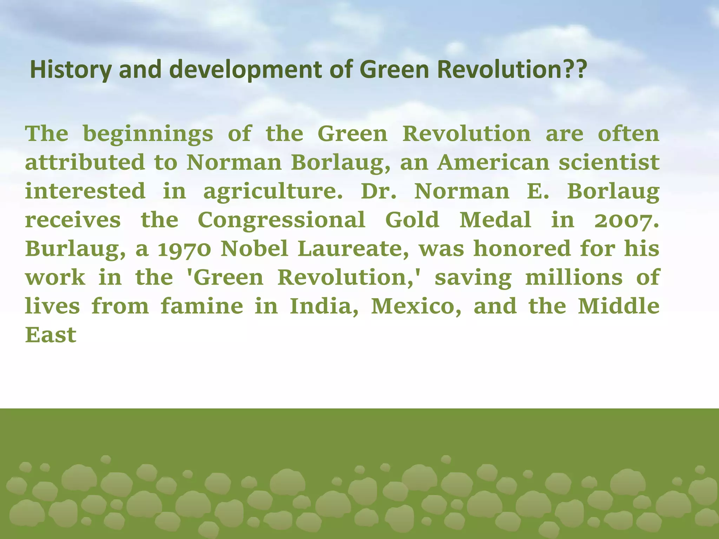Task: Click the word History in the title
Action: [x=71, y=69]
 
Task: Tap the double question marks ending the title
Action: [x=576, y=69]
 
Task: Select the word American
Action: [x=493, y=162]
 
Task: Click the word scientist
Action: [x=609, y=162]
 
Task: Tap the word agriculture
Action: [x=273, y=192]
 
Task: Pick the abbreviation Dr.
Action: [x=379, y=191]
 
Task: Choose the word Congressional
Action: [x=282, y=220]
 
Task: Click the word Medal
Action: [x=495, y=220]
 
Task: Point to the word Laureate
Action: [x=353, y=249]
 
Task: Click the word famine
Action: [x=202, y=306]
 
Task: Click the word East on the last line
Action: [x=51, y=335]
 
